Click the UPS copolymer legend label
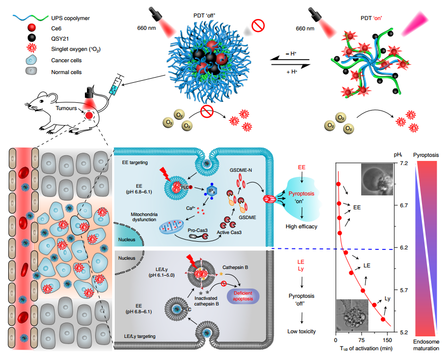70,18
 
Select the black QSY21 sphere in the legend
32,38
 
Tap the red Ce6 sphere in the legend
32,28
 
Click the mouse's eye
41,101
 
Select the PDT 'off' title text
204,16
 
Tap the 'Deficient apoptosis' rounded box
243,296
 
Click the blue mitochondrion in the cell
172,227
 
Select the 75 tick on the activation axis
361,340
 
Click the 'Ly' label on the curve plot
387,299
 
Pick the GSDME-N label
241,170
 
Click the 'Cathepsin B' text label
235,267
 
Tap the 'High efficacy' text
301,226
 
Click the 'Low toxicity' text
302,332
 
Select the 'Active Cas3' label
229,232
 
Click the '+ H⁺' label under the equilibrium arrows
292,72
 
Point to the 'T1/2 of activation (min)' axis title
366,348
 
